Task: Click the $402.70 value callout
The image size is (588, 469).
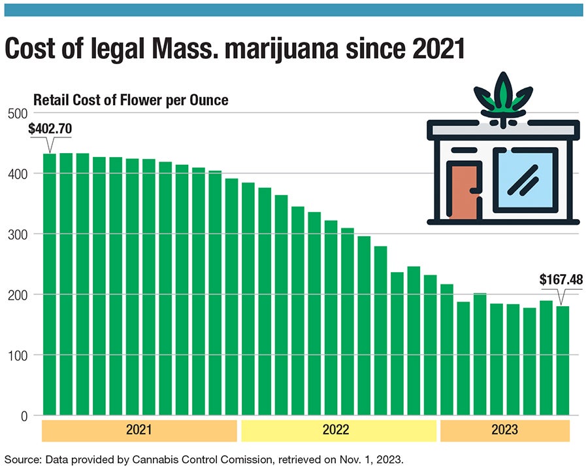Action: (50, 129)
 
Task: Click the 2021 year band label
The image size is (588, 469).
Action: (139, 430)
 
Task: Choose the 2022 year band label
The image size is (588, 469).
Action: (338, 430)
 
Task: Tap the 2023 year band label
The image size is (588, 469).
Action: (504, 430)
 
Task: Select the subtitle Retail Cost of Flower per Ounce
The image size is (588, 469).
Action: (130, 101)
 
